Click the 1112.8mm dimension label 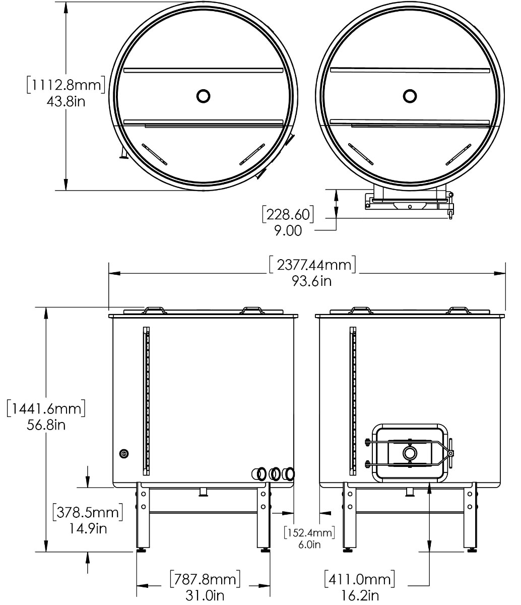(66, 85)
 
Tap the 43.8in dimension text (66, 102)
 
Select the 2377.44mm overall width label (312, 265)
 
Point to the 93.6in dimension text (312, 281)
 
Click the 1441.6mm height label (46, 408)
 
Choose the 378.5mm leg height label (88, 512)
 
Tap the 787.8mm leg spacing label (205, 579)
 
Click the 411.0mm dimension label (360, 579)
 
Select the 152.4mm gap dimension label (309, 532)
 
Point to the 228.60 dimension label (288, 214)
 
